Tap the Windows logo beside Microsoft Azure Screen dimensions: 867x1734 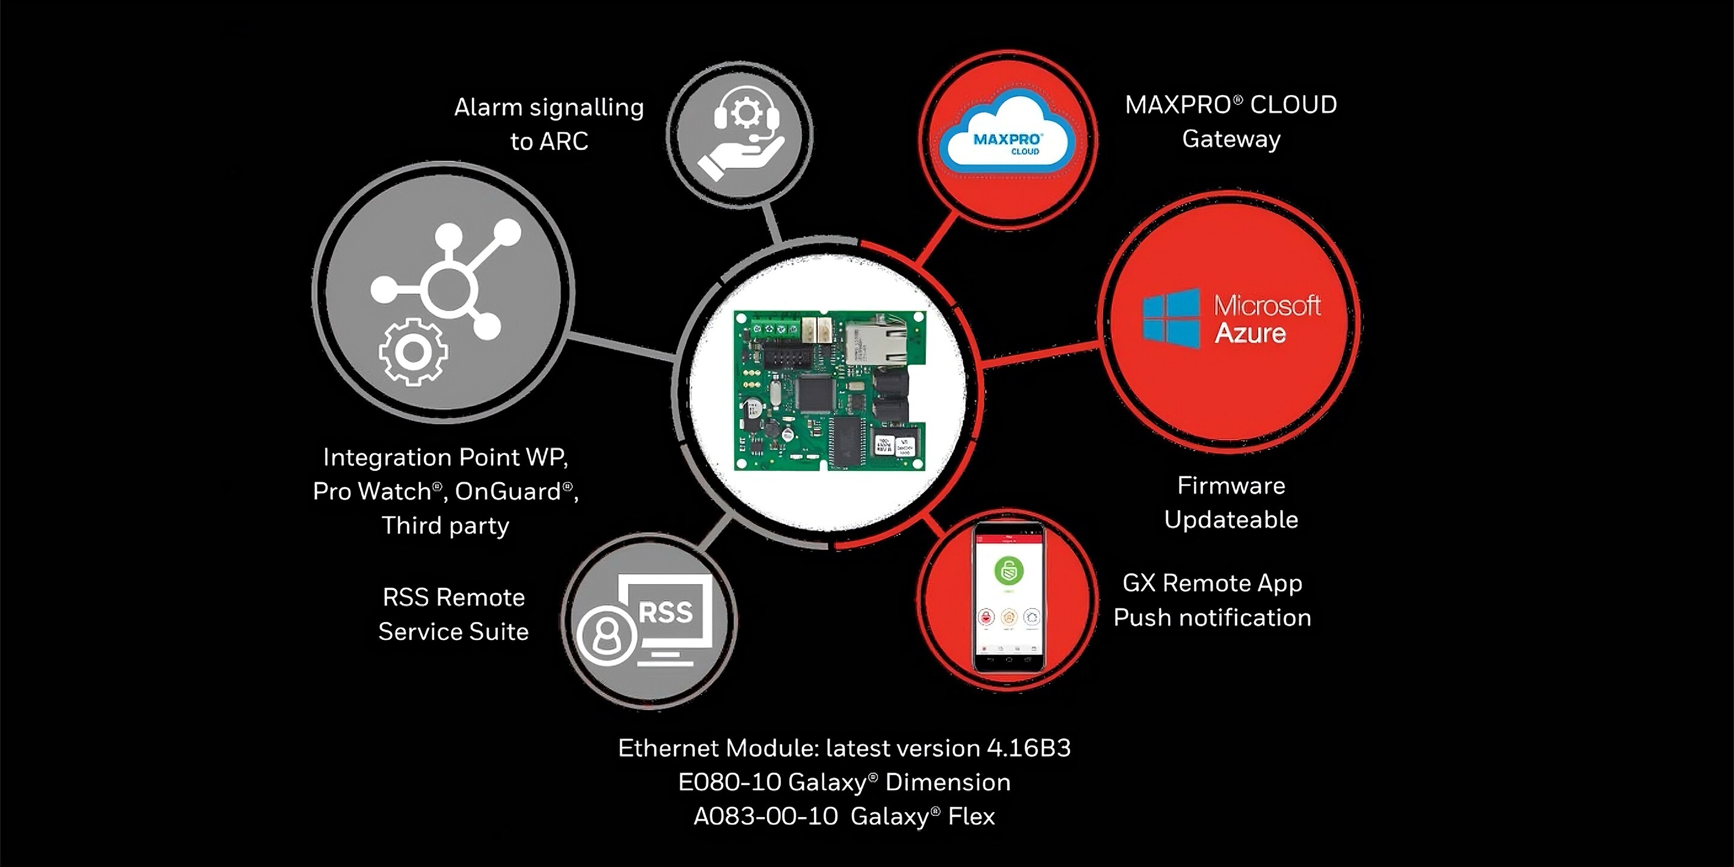pos(1171,319)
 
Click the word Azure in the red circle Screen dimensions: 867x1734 pos(1250,333)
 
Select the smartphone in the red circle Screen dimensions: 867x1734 pos(1008,598)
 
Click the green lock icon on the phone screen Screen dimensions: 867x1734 pos(1008,571)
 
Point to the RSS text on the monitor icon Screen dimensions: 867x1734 pos(665,612)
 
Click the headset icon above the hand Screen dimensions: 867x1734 pos(746,116)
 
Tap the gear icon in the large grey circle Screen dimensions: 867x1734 pos(412,352)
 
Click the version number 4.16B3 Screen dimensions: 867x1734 pos(1028,748)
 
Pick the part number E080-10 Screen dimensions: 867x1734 pos(729,782)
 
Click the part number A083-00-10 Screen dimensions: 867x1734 pos(765,816)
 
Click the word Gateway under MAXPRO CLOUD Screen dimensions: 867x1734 pos(1231,139)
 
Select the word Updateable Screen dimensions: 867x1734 pos(1231,520)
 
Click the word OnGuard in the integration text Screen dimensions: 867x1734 pos(508,491)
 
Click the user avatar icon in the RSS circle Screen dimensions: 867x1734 pos(606,635)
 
